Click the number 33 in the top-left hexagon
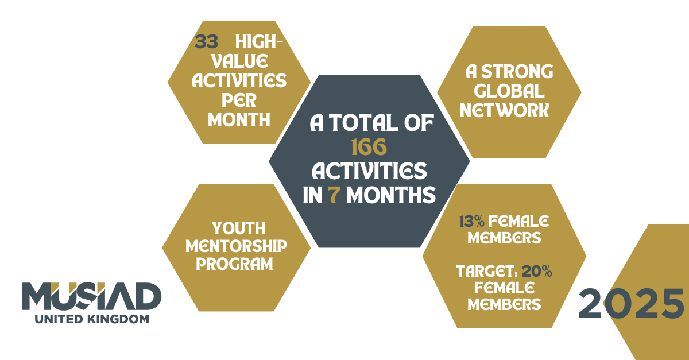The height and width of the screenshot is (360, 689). click(206, 41)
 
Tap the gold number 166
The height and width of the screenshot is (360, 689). click(369, 147)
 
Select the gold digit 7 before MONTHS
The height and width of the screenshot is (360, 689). click(334, 195)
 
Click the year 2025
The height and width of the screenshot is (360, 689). click(631, 303)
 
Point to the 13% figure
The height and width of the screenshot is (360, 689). click(472, 221)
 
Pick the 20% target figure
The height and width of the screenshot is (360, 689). click(537, 271)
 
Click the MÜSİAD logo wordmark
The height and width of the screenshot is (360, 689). click(92, 296)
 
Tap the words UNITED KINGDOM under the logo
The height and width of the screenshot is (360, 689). click(92, 319)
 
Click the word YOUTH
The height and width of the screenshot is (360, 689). click(239, 229)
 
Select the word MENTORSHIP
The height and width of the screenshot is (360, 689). click(236, 246)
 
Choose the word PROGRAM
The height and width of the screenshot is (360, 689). click(234, 264)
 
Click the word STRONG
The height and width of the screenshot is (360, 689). click(517, 72)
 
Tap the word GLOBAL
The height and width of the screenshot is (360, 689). click(509, 91)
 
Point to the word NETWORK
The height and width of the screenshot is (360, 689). click(505, 110)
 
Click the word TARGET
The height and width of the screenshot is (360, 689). click(485, 272)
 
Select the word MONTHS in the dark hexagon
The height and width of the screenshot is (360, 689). click(391, 195)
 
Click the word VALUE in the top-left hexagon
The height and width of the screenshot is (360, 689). click(239, 61)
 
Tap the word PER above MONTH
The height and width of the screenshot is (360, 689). click(239, 100)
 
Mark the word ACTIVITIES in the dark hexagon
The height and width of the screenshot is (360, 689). click(369, 171)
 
